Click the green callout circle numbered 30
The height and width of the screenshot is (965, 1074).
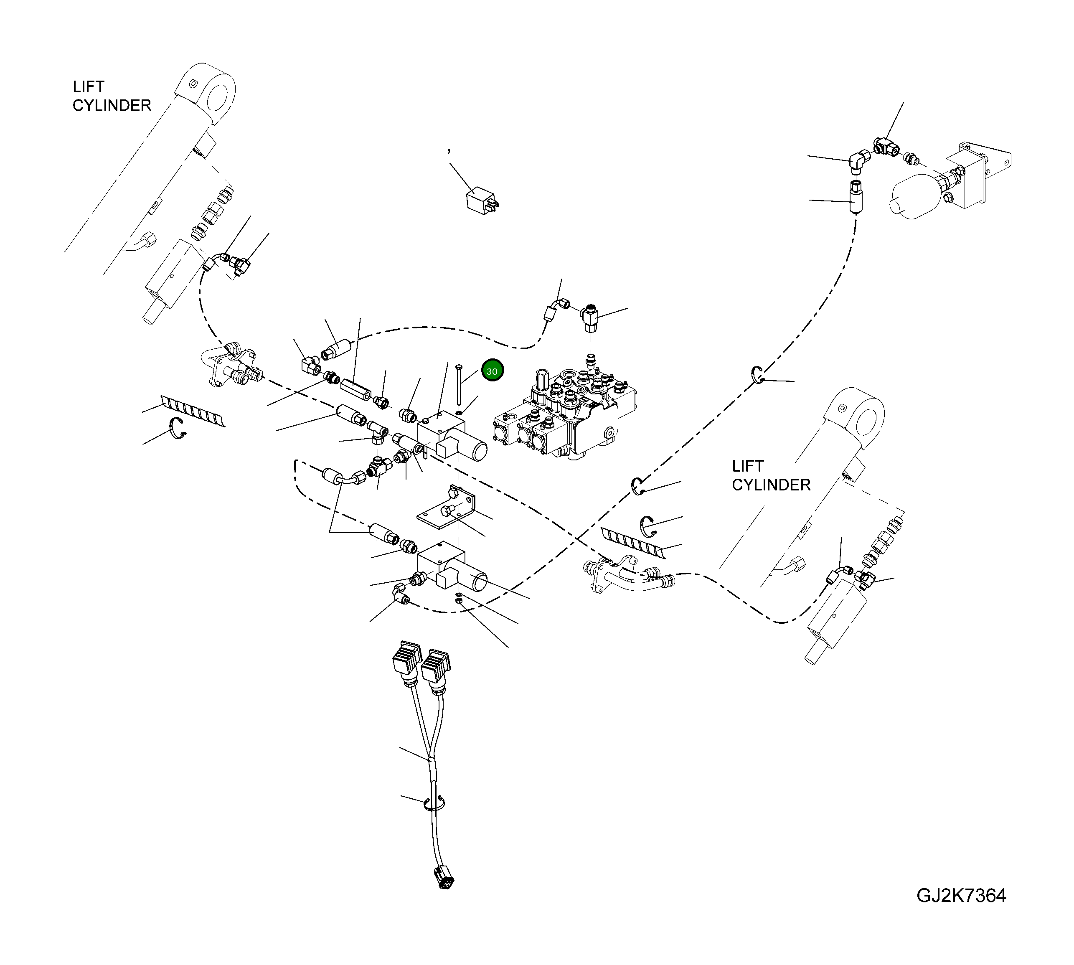492,371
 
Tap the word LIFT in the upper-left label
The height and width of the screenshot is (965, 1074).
89,86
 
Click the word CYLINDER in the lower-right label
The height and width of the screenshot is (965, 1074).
771,485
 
